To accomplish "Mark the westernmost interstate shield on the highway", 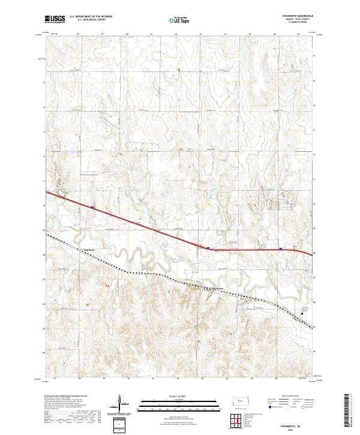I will pos(92,208).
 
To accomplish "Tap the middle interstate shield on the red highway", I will pos(207,247).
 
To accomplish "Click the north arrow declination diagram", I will pos(119,404).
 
